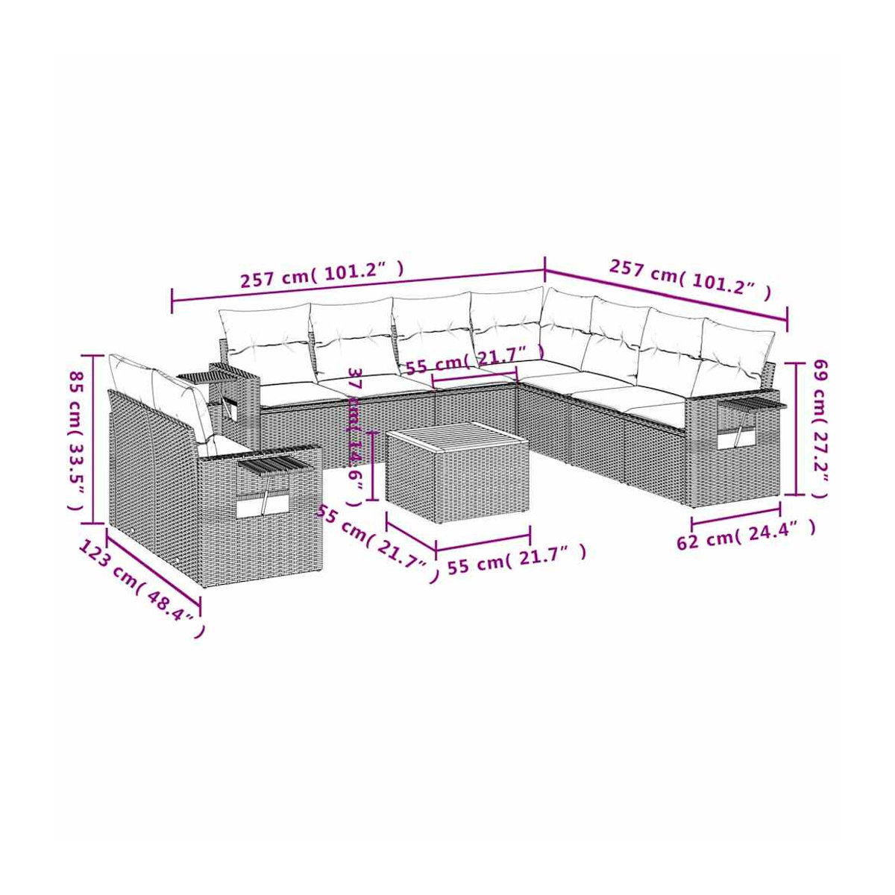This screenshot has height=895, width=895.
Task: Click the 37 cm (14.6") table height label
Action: (354, 436)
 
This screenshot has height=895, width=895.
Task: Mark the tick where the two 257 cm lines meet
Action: (544, 269)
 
